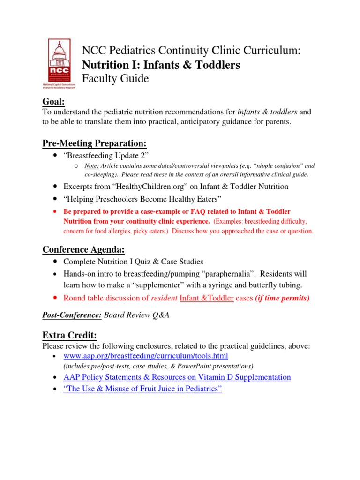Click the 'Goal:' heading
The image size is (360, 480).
click(53, 102)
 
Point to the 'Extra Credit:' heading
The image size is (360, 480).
click(70, 335)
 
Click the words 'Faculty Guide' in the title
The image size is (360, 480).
click(115, 79)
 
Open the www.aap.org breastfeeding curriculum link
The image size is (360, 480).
click(145, 356)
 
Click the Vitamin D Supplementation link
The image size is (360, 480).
click(177, 377)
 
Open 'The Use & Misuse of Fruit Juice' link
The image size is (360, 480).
click(142, 390)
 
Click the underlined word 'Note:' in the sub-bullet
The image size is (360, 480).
click(91, 166)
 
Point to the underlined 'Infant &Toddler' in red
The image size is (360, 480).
click(207, 298)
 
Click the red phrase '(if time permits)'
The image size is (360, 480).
click(282, 298)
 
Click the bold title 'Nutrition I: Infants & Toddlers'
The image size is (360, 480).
click(161, 65)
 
